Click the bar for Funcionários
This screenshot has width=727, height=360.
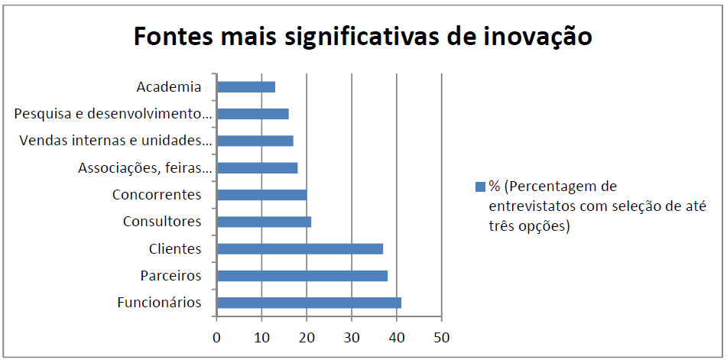(x=309, y=303)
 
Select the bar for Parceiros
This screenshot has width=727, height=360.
(x=302, y=276)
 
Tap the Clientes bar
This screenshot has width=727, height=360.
(x=300, y=248)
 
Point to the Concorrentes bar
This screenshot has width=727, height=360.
(x=261, y=195)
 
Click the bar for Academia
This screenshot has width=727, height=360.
(x=246, y=86)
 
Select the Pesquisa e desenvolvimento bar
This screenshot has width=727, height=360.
(x=253, y=114)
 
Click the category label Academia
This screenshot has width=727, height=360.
(x=169, y=86)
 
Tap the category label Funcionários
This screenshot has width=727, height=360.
(x=159, y=303)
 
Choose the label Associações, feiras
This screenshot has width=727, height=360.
(x=144, y=167)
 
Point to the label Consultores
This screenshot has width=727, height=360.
(x=162, y=222)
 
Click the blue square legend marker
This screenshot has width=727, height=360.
(x=480, y=186)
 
